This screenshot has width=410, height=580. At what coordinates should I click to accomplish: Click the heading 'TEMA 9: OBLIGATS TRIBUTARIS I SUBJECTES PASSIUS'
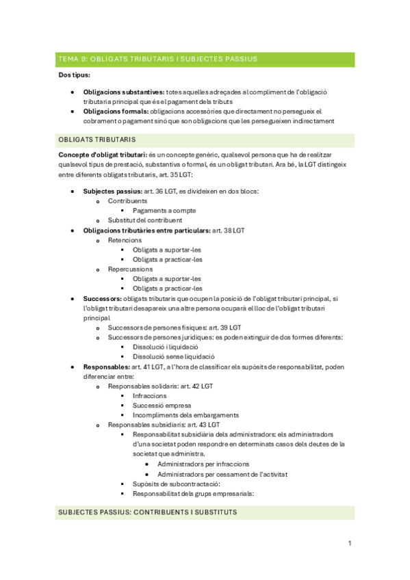(158, 59)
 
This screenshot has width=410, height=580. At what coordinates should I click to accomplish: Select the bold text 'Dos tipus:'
(74, 75)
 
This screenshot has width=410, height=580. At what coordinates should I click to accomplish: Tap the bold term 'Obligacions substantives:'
(124, 92)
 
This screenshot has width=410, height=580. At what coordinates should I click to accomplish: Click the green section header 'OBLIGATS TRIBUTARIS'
(97, 140)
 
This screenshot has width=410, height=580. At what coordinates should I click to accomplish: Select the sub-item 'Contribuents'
(127, 201)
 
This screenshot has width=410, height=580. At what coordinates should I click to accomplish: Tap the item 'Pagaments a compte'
(164, 211)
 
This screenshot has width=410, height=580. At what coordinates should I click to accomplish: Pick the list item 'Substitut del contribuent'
(145, 220)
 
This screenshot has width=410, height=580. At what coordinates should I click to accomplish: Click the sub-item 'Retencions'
(125, 240)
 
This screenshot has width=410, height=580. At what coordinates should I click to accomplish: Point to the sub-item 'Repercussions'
(130, 269)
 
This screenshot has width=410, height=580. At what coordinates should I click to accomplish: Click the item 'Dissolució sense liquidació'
(174, 356)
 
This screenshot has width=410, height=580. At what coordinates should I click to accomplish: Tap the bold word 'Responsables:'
(105, 367)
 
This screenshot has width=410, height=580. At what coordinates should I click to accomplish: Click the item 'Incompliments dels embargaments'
(185, 415)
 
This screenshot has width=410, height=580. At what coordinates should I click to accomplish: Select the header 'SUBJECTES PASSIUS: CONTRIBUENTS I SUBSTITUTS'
(148, 512)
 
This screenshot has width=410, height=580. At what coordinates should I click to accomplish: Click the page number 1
(349, 543)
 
